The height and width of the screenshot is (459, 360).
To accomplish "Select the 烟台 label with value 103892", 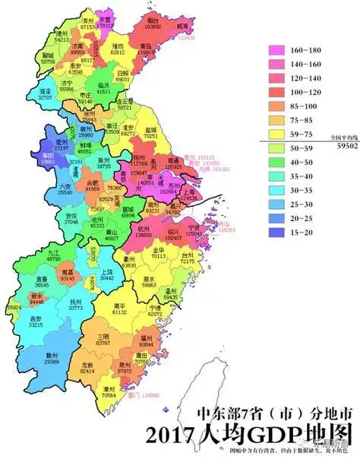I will coord(156,23).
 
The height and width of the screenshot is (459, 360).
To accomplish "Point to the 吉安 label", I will coord(34,321).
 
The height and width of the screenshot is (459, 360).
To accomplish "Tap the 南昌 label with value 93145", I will coord(68,273).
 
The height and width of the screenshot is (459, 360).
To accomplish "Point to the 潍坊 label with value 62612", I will coord(118,51).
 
